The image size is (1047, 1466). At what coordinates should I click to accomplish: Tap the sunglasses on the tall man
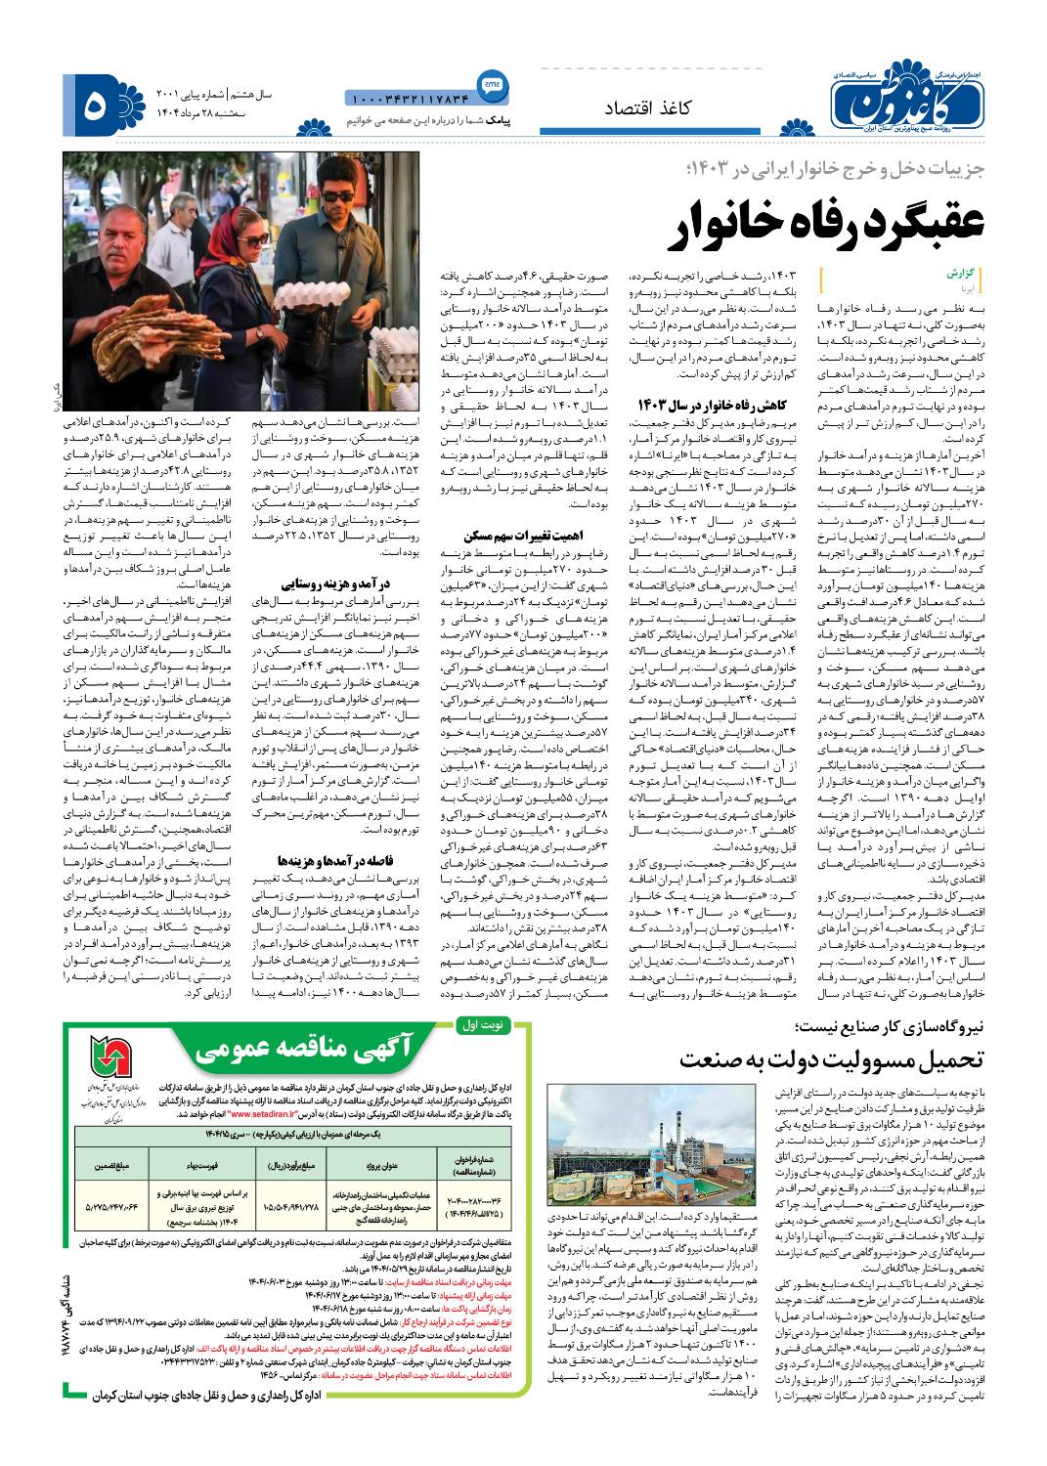point(338,196)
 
